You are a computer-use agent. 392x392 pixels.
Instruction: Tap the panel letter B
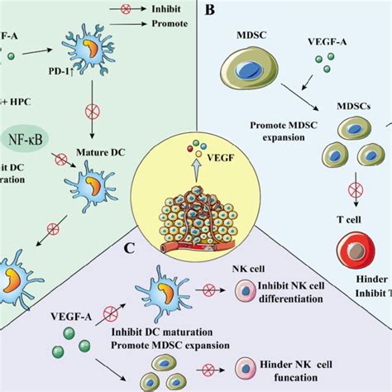[x=211, y=12]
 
